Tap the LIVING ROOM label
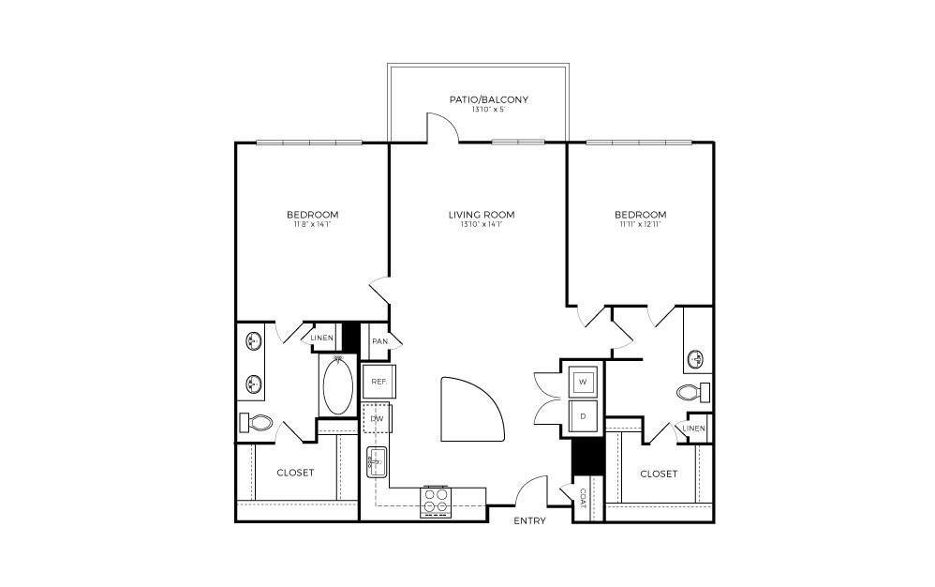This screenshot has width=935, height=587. pos(482,215)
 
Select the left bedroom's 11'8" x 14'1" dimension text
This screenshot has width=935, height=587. pos(312,225)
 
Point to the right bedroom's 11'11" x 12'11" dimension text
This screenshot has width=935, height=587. pos(641,225)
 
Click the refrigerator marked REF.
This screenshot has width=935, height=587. pos(379,382)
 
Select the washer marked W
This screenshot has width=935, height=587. pos(583,382)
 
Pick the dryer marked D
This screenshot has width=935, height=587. pos(583,415)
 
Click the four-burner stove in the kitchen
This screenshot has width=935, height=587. pos(436,500)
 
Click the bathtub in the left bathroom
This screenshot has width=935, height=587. pos(337,384)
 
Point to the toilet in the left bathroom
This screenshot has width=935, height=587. pos(255,423)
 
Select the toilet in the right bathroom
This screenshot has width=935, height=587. pos(691,391)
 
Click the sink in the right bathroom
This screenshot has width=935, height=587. pos(697,358)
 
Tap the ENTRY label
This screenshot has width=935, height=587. pos(529,521)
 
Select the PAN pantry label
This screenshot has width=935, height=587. pos(379,341)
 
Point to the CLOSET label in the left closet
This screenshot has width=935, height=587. pos(295,473)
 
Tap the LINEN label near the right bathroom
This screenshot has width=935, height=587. pos(694,429)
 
